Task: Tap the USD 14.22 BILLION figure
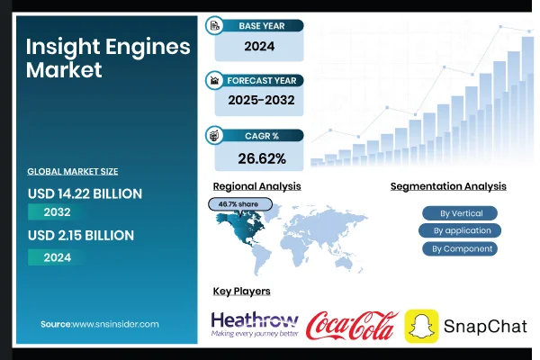85,193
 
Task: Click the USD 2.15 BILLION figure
80,236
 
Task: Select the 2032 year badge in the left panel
57,213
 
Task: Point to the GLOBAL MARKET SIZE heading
72,171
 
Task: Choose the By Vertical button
461,213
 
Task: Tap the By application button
461,230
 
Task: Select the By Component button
461,248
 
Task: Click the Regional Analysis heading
256,186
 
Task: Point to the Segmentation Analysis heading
448,186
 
